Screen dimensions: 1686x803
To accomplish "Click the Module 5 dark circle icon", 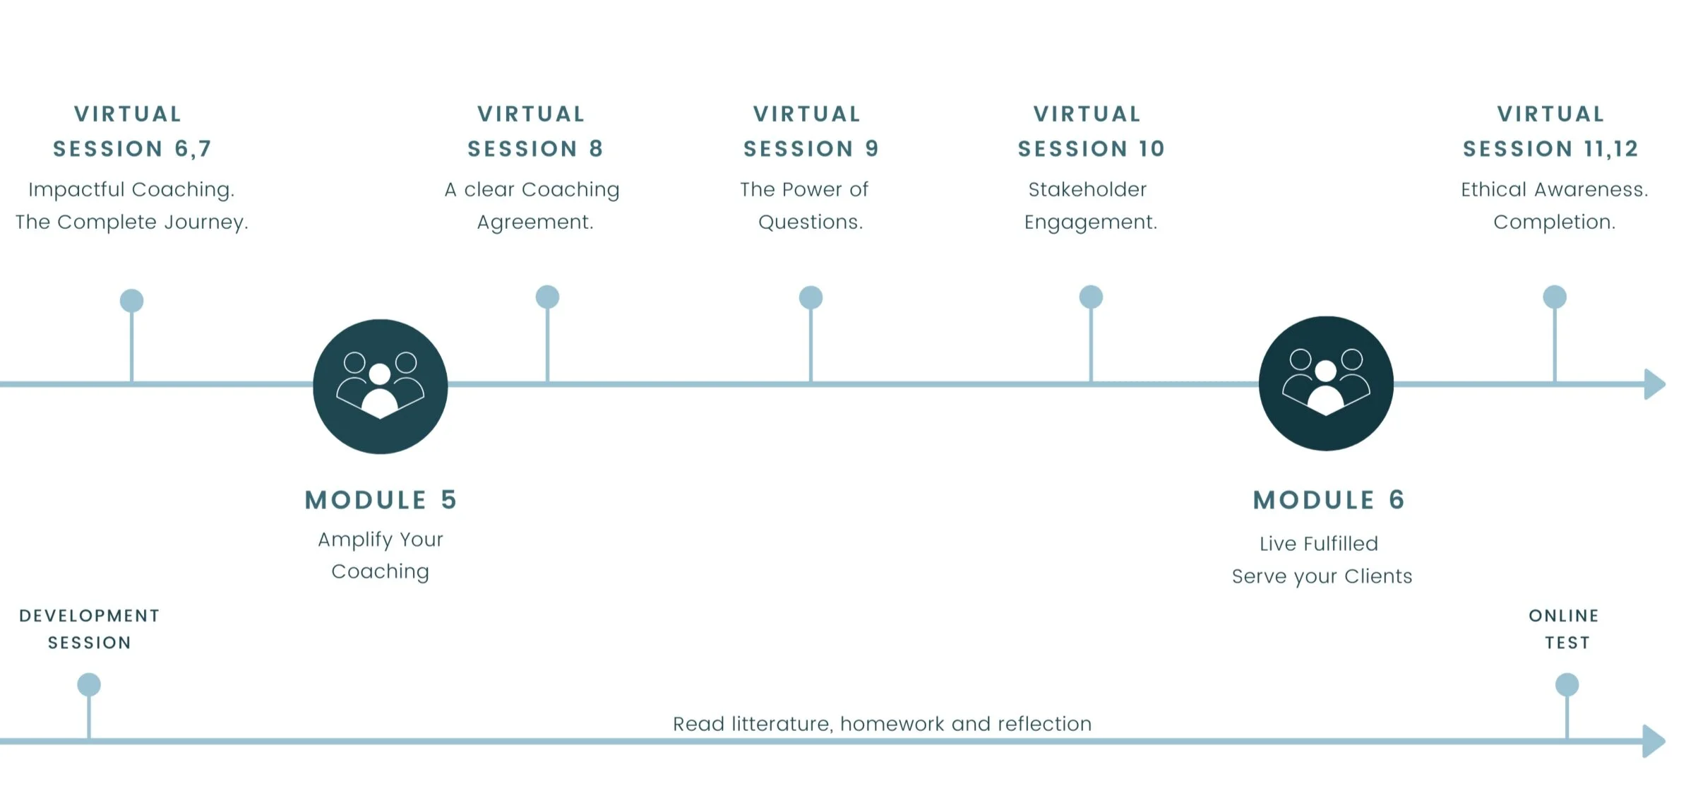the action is click(x=380, y=386).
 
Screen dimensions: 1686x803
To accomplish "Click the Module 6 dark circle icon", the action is click(x=1325, y=383).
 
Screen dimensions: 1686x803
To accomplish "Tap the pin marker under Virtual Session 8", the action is click(x=547, y=297).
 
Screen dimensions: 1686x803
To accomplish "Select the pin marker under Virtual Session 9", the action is click(x=811, y=298).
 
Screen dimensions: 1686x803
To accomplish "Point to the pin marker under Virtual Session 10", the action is click(x=1091, y=297).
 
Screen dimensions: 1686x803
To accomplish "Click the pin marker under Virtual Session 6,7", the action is click(x=132, y=301).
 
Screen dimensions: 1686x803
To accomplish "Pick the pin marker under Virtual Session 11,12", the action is click(x=1554, y=297).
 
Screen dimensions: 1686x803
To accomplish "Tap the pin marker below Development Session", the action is click(x=89, y=685).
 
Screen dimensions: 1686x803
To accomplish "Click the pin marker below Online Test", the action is click(x=1567, y=685).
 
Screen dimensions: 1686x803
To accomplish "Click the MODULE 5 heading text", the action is click(x=381, y=500).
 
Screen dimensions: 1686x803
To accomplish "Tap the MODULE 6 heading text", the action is click(x=1328, y=500).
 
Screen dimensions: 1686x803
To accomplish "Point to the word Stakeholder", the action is click(x=1087, y=189).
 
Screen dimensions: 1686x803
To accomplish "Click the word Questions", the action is click(x=810, y=222).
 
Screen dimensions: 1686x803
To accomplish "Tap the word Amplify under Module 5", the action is click(x=355, y=540).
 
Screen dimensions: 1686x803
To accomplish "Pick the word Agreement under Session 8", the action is click(x=534, y=222).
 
